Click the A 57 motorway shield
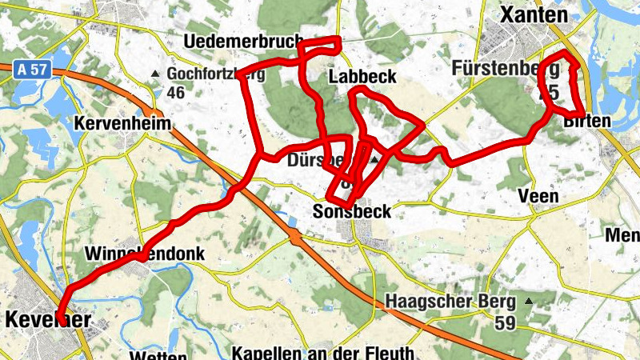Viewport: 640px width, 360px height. coord(31,70)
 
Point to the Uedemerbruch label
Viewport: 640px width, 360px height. coord(242,41)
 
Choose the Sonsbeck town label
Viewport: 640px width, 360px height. coord(352,212)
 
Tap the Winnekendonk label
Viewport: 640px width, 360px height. coord(145,254)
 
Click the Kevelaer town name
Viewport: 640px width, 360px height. coord(47,320)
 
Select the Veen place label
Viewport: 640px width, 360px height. coord(538,196)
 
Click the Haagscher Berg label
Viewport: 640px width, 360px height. coord(447,302)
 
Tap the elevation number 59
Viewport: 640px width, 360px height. coord(504,323)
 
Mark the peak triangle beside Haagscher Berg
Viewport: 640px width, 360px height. coord(528,302)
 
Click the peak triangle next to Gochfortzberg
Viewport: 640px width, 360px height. coord(156,74)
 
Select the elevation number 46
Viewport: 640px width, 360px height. coord(176,93)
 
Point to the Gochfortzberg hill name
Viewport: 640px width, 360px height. coord(216,74)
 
